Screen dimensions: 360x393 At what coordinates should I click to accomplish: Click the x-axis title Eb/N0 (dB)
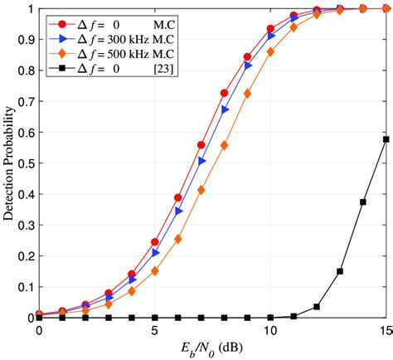212,348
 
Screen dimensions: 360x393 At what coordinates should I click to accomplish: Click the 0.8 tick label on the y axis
24,71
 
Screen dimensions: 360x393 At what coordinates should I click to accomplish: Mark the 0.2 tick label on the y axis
24,256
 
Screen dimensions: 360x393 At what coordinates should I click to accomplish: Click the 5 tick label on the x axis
155,329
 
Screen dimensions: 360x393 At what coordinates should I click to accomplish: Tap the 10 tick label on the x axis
270,329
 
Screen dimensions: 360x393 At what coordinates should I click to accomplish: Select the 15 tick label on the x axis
384,329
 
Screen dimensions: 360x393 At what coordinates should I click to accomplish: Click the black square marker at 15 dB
386,139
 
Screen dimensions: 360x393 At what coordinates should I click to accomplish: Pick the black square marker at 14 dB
362,202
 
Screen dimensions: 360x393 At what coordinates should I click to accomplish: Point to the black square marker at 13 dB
340,271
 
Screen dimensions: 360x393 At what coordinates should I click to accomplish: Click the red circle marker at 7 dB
201,145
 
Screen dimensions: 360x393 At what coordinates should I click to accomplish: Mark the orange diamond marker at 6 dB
178,239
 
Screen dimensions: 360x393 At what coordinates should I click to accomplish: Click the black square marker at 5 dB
155,318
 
